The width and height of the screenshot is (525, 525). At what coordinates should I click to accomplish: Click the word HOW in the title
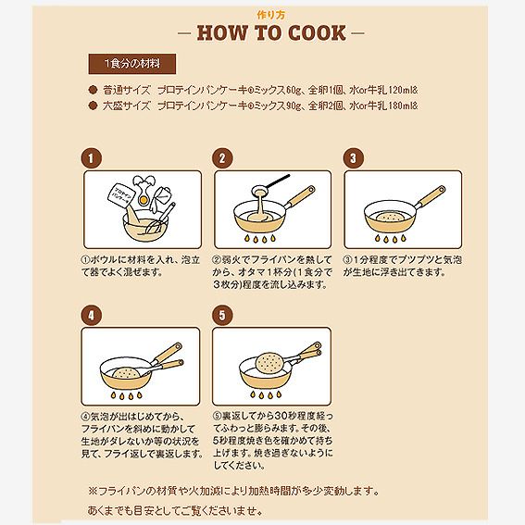(222, 32)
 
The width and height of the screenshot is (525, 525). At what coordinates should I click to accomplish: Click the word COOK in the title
(317, 32)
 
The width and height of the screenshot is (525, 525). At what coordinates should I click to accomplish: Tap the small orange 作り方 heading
(271, 15)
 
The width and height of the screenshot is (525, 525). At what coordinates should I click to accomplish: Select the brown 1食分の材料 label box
(132, 64)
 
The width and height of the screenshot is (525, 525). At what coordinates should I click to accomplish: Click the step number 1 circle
(91, 158)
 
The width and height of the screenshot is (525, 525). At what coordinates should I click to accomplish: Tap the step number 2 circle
(222, 158)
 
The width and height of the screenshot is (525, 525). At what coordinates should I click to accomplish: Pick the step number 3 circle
(353, 158)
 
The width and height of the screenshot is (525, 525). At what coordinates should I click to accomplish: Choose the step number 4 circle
(91, 315)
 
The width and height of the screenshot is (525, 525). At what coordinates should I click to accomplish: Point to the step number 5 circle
(222, 315)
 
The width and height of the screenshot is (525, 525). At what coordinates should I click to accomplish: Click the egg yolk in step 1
(144, 200)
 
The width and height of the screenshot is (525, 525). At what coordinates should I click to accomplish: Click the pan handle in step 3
(431, 196)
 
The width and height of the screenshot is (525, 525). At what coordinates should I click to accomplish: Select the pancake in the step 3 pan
(390, 218)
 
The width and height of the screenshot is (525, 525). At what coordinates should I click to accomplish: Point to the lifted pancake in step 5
(269, 362)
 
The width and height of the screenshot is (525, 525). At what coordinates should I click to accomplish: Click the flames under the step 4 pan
(126, 395)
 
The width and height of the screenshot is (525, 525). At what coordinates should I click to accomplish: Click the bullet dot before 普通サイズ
(93, 91)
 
